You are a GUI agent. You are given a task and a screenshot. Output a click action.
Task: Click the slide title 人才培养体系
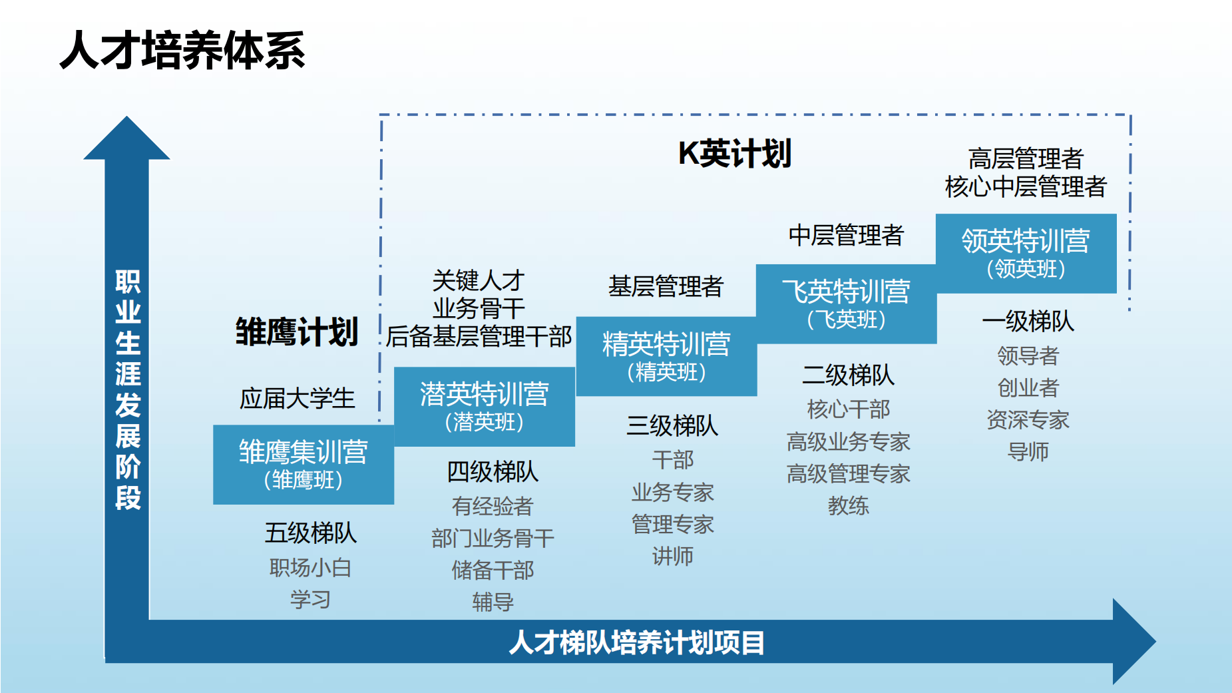coord(182,51)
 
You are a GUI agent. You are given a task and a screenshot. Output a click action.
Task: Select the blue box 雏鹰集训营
coord(304,464)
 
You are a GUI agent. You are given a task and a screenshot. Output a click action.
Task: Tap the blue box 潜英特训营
coord(485,406)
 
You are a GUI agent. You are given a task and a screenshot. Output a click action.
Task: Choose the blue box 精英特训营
coord(666,356)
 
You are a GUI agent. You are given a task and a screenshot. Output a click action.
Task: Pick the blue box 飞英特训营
coord(846,304)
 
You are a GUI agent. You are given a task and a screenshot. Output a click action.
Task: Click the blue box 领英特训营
coord(1026,253)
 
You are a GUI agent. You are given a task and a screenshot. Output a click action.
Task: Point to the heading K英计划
coord(735,154)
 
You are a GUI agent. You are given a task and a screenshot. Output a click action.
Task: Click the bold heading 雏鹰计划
coord(297,332)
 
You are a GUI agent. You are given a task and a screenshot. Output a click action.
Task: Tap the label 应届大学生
coord(297,399)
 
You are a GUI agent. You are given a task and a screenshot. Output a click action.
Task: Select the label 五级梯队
coord(310,533)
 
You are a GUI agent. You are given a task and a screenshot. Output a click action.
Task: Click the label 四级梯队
coord(493,472)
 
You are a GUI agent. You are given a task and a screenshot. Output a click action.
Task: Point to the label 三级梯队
coord(672,425)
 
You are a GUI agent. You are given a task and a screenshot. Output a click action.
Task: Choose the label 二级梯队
coord(848,375)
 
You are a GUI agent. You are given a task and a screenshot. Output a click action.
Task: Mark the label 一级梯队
coord(1028,321)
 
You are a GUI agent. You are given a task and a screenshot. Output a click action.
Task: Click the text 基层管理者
coord(666,286)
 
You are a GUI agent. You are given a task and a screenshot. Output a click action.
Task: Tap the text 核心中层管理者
coord(1026,187)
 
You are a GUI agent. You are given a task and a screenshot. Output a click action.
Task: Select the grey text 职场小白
coord(310,567)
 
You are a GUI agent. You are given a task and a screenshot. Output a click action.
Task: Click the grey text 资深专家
coord(1028,419)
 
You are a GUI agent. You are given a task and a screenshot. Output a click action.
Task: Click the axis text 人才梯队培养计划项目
coord(637,643)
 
